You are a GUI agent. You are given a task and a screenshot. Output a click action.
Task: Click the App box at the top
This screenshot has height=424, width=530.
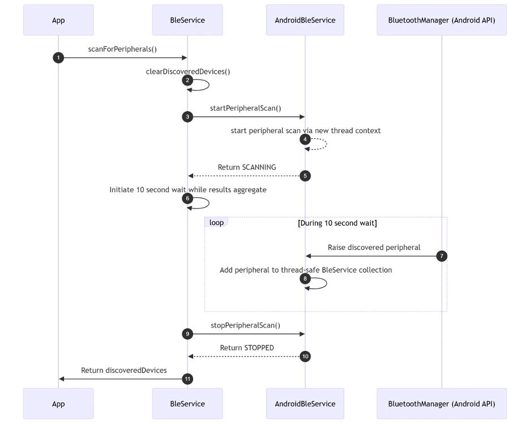point(58,20)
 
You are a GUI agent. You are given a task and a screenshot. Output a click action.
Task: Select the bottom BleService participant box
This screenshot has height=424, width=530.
point(187,404)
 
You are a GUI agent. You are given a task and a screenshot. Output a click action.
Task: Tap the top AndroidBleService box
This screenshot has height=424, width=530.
point(305,20)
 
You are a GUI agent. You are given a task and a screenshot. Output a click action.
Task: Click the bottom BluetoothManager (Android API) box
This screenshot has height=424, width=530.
point(442,404)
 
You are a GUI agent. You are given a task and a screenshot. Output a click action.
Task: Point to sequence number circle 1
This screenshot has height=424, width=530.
point(58,57)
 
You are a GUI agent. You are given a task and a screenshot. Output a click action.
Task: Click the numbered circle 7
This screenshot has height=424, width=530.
point(442,256)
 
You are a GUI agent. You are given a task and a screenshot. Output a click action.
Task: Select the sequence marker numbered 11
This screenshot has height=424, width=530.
point(187,379)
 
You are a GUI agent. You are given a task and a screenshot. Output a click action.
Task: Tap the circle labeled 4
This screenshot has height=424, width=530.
point(305,139)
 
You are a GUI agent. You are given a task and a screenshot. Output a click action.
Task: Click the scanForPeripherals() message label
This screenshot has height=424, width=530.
point(122,49)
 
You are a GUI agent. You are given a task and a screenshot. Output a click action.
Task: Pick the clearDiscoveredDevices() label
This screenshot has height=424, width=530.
point(188,72)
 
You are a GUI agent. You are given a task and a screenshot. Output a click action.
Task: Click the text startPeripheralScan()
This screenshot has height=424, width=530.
point(245,108)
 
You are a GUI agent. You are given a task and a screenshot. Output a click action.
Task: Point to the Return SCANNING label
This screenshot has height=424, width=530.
point(247,167)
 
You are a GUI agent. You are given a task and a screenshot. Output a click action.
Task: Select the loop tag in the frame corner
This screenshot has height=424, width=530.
point(216,222)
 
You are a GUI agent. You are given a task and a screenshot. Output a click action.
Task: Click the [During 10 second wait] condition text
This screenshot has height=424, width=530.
point(337,223)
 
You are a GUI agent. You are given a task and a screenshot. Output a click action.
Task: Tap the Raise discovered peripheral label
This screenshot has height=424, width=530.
point(374,247)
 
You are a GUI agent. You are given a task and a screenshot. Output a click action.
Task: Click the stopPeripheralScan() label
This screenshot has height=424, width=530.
point(245,325)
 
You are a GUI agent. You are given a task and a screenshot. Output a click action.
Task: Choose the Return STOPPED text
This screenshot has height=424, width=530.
point(247,348)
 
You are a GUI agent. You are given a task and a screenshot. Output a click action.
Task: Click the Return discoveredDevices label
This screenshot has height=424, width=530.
point(123,370)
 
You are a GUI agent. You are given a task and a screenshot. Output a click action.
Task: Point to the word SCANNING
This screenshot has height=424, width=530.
point(259,167)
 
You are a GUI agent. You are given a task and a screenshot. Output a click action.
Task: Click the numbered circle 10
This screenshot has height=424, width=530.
point(305,357)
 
